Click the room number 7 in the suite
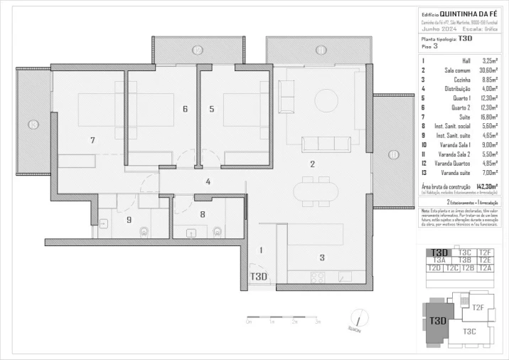click(92, 140)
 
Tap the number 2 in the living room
click(312, 164)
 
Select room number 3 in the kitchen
click(322, 258)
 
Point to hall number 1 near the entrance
click(261, 250)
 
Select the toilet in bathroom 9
click(144, 230)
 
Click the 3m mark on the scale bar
click(317, 322)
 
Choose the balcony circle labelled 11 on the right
click(393, 154)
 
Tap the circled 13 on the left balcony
click(33, 125)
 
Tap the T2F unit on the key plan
click(478, 307)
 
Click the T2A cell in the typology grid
click(485, 268)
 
